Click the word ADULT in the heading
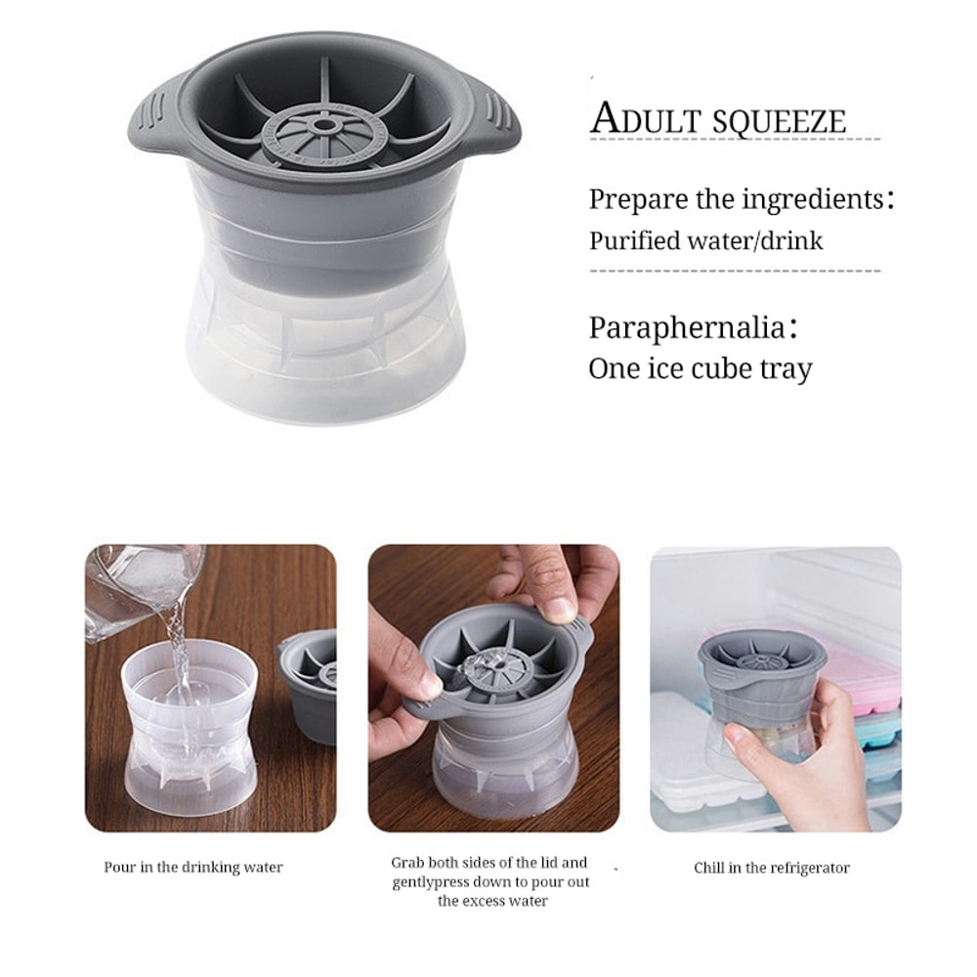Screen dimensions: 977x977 coord(638,119)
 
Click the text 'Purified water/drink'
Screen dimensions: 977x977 coord(705,240)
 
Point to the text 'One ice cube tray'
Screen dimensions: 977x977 coord(700,368)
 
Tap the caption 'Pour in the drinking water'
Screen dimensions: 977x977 coord(193,867)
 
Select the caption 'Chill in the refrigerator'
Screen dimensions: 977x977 coord(772,868)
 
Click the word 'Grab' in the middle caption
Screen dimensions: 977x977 coord(408,863)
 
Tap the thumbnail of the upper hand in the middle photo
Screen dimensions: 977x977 coord(560,608)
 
